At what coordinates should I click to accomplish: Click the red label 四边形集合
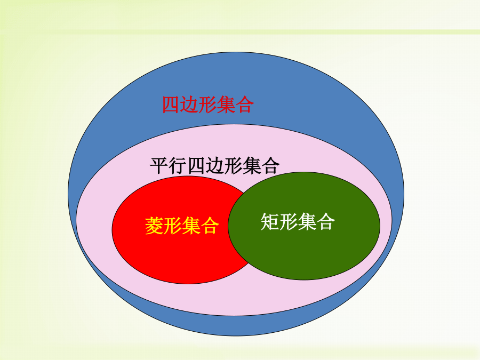pyautogui.click(x=208, y=105)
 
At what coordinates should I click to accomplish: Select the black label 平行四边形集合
pyautogui.click(x=214, y=166)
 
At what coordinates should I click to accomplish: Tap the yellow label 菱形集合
pyautogui.click(x=182, y=226)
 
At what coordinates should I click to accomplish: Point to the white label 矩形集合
pyautogui.click(x=298, y=221)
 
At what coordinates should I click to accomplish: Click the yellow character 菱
pyautogui.click(x=154, y=226)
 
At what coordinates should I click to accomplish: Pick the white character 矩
pyautogui.click(x=270, y=221)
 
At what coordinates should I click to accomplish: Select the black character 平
pyautogui.click(x=159, y=166)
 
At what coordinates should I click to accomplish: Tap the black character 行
pyautogui.click(x=178, y=166)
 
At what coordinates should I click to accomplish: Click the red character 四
pyautogui.click(x=171, y=105)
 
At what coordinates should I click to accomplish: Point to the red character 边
pyautogui.click(x=189, y=105)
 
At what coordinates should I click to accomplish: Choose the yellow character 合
pyautogui.click(x=210, y=226)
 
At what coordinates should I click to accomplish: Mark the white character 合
pyautogui.click(x=326, y=221)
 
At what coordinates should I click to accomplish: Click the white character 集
pyautogui.click(x=307, y=221)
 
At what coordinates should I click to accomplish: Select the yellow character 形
pyautogui.click(x=173, y=226)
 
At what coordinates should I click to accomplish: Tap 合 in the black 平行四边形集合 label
pyautogui.click(x=270, y=166)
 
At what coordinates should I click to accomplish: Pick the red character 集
pyautogui.click(x=226, y=105)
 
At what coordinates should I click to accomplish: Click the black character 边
pyautogui.click(x=214, y=166)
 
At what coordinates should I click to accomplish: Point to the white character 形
pyautogui.click(x=289, y=221)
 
